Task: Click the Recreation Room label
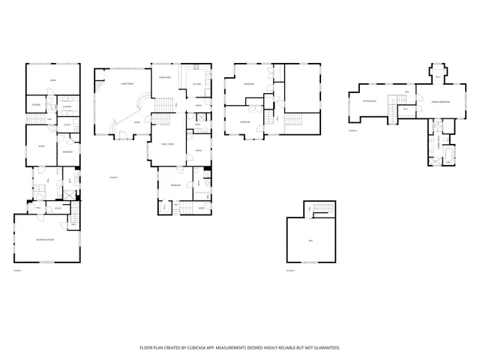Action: [46, 238]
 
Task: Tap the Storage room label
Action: [35, 105]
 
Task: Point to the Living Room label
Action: [126, 85]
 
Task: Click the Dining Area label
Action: [165, 77]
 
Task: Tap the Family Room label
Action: [167, 143]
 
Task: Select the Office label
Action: [199, 151]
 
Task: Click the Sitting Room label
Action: [368, 99]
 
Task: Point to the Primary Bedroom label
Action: [440, 100]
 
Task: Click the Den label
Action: [310, 240]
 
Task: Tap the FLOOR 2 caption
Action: [114, 178]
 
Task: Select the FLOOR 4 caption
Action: [352, 130]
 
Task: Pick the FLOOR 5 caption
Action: [290, 270]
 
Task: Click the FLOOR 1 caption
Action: [17, 270]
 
